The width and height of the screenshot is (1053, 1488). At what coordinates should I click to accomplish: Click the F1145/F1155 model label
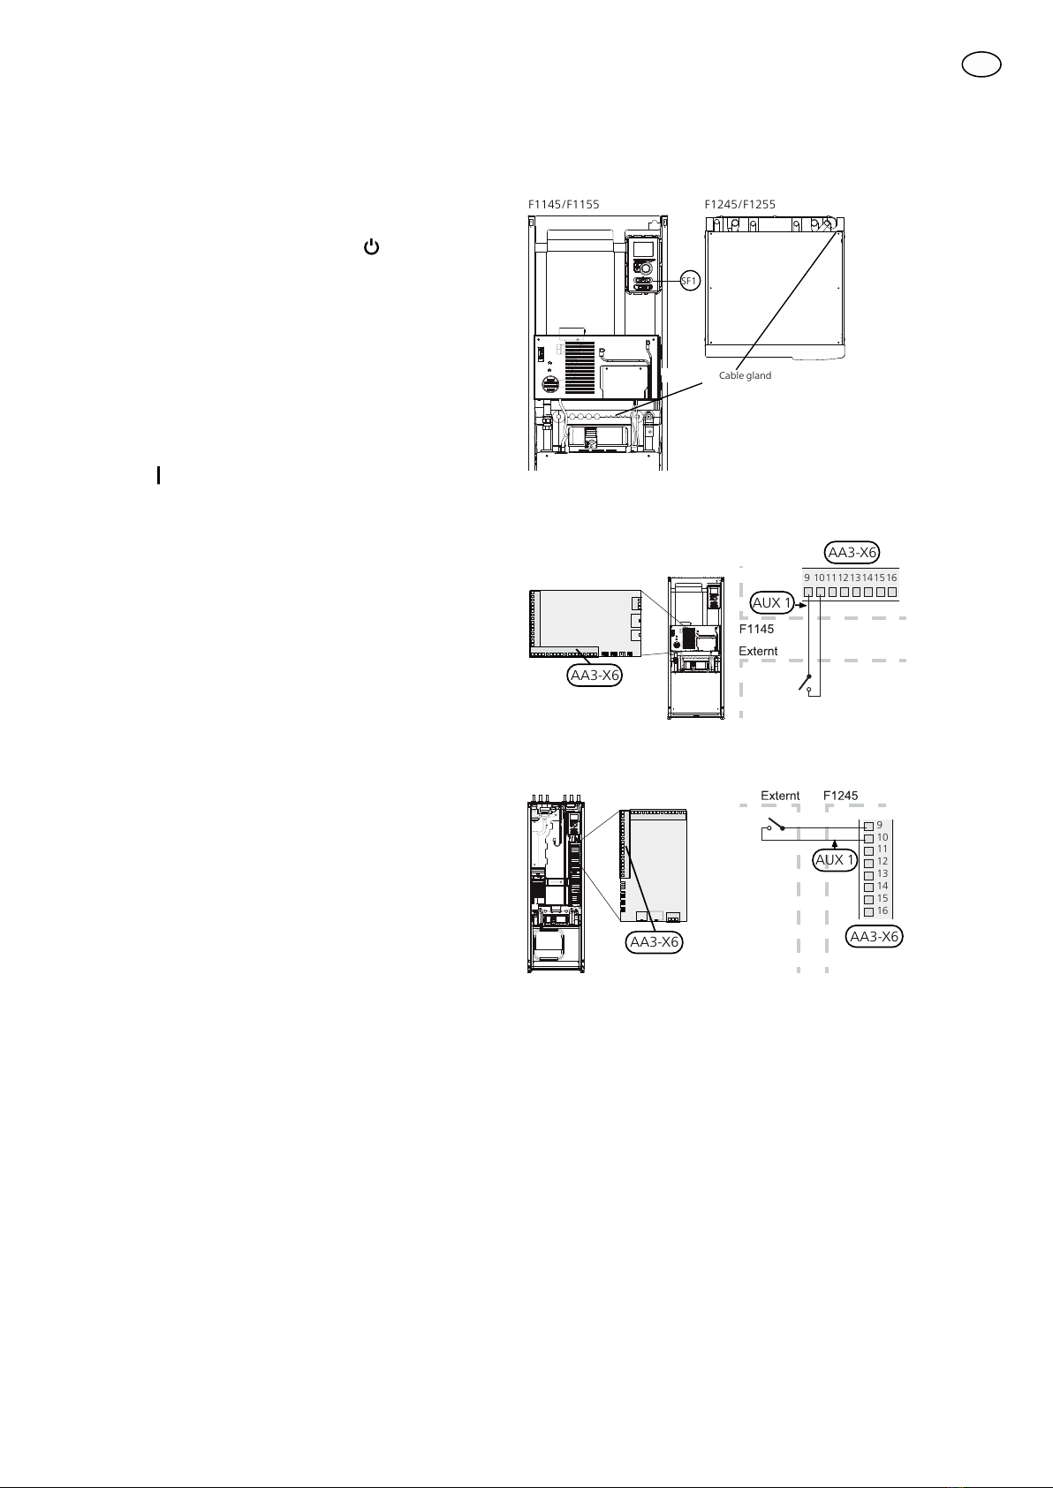tap(564, 205)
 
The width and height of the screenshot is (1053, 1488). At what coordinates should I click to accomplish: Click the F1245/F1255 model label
tap(739, 205)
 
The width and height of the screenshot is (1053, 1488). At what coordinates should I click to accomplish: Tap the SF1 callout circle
tap(690, 281)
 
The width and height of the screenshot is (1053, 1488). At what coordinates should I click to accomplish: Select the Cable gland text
tap(745, 375)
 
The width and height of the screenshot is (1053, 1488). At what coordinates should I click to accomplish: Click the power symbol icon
tap(371, 247)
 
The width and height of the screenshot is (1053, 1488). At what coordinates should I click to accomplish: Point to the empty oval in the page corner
tap(981, 64)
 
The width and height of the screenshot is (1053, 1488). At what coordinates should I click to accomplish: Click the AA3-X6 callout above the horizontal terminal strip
tap(852, 552)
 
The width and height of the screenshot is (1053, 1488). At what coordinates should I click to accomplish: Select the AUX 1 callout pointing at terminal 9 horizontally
tap(772, 603)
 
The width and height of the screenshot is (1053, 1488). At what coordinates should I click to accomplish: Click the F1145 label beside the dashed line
tap(757, 629)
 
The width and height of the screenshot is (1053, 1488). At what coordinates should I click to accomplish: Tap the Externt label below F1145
tap(758, 652)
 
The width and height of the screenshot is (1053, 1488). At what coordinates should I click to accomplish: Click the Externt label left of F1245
tap(780, 796)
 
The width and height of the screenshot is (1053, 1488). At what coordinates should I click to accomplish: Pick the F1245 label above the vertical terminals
tap(840, 796)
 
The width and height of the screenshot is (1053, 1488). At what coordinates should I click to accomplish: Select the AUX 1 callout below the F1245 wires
tap(835, 860)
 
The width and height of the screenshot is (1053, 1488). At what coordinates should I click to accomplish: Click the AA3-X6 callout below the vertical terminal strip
tap(874, 937)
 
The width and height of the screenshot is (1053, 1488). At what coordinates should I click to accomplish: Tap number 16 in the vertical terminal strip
tap(883, 910)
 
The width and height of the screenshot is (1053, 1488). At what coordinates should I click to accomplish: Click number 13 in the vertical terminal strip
tap(883, 873)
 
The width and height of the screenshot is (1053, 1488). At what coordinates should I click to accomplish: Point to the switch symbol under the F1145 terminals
tap(807, 684)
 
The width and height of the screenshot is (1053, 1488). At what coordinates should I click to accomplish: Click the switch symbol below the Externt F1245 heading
tap(776, 825)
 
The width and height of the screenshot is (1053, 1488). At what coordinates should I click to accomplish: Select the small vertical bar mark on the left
tap(159, 475)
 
